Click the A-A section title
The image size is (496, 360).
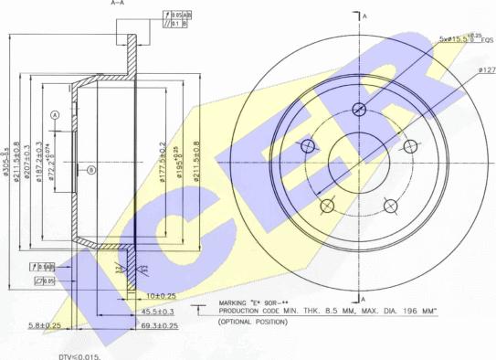coord(119,4)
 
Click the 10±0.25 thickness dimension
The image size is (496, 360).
coord(161,295)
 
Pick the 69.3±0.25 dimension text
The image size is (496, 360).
coord(159,324)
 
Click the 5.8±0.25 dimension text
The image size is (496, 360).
coord(45,324)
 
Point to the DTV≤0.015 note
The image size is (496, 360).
coord(79,355)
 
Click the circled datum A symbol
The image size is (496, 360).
coord(55,114)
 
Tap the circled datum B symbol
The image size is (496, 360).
coord(90,170)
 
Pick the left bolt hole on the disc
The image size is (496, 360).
coord(308,146)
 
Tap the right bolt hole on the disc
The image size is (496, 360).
coord(409,146)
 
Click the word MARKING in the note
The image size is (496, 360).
coord(237,302)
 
